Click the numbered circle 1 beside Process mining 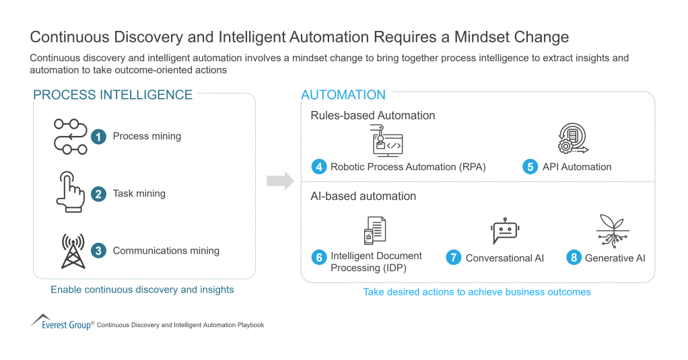point(99,137)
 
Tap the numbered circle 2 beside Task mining point(99,194)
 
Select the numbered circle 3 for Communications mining point(99,251)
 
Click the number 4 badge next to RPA point(318,167)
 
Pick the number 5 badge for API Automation point(530,167)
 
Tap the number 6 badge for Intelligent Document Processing point(318,257)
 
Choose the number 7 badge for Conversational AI point(454,258)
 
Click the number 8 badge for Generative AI point(573,258)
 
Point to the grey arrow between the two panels point(280,181)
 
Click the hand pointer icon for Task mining point(69,192)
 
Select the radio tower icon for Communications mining point(71,250)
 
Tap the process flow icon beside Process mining point(70,136)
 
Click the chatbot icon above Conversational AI point(504,231)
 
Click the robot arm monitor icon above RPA point(387,141)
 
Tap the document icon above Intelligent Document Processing point(374,231)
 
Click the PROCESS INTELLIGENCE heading point(112,95)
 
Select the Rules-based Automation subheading point(372,116)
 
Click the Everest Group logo point(61,322)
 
